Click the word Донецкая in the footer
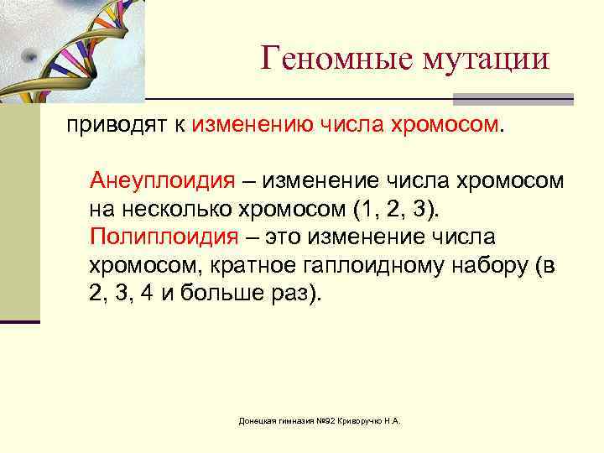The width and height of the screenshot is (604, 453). point(255,419)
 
